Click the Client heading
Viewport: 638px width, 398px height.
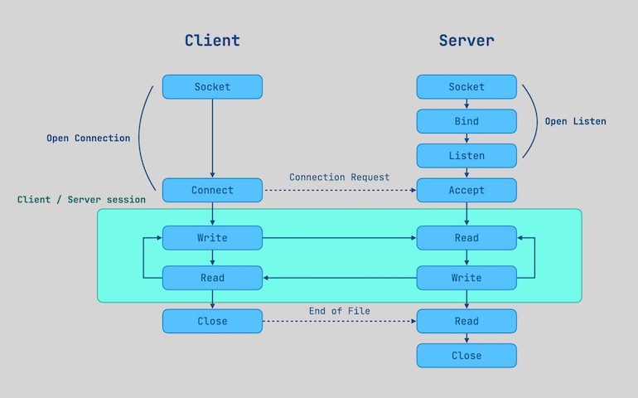click(212, 40)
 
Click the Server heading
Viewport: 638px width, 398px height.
click(466, 40)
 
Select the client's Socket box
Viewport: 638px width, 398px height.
click(212, 87)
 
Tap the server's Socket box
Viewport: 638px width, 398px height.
click(466, 87)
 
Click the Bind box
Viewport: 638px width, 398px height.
click(466, 121)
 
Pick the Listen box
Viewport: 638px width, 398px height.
click(466, 156)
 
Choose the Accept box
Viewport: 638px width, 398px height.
click(466, 190)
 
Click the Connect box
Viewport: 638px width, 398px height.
click(212, 190)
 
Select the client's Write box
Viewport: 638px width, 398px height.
click(212, 238)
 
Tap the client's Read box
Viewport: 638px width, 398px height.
click(212, 278)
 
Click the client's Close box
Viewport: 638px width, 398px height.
click(212, 321)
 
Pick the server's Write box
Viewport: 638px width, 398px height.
click(466, 278)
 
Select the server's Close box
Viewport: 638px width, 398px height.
click(466, 356)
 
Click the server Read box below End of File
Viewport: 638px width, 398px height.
click(466, 321)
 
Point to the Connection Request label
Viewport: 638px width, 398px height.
click(339, 177)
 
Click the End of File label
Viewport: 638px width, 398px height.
click(339, 311)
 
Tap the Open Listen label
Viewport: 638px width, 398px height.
click(575, 122)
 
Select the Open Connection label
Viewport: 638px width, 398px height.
click(88, 138)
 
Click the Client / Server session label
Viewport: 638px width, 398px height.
click(81, 200)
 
